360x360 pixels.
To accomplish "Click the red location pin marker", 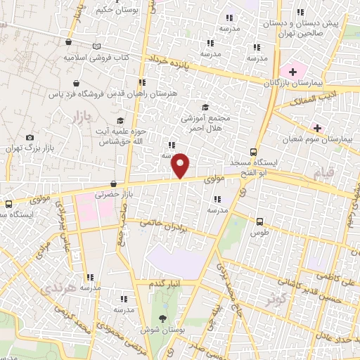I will pos(181,165).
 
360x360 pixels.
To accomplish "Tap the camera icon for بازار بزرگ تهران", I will pos(30,138).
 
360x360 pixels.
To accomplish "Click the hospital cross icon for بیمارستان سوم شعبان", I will pos(317,128).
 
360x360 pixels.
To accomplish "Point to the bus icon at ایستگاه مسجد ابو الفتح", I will pos(254,152).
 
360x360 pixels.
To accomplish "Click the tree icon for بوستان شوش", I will pos(162,320).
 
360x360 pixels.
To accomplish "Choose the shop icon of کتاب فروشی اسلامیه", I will pos(67,42).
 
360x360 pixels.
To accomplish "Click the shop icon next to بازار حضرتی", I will pos(113,184).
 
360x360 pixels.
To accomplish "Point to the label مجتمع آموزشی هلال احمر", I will pos(205,119).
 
